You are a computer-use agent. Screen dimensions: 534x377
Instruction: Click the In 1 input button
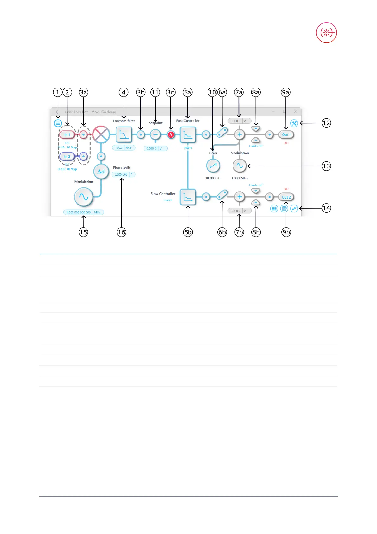click(x=67, y=135)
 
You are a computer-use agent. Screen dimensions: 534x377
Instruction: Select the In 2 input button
click(x=67, y=157)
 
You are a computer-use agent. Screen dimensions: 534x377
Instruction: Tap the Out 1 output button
click(x=286, y=135)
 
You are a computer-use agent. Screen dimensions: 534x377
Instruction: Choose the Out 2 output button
click(x=286, y=197)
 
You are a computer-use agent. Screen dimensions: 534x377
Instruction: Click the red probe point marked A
click(x=171, y=135)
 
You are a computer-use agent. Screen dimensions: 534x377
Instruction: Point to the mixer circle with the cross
click(x=101, y=134)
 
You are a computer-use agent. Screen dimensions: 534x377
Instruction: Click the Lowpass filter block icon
click(x=124, y=135)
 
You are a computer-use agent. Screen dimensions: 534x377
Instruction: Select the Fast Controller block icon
click(x=188, y=135)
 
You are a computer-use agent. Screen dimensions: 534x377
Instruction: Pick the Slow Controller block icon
click(x=188, y=197)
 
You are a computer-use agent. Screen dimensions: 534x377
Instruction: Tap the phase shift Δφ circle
click(x=101, y=172)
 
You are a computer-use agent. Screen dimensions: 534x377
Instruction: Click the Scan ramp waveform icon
click(x=213, y=166)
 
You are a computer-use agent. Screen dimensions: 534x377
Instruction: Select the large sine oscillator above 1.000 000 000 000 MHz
click(x=84, y=197)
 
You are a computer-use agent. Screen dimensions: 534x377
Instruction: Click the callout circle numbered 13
click(x=326, y=166)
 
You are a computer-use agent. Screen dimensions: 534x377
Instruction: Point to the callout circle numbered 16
click(x=122, y=232)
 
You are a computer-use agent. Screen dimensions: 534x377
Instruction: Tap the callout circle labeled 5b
click(x=188, y=232)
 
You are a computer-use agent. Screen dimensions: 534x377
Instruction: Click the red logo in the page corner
click(x=326, y=33)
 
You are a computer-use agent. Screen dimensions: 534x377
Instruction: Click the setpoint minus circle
click(x=155, y=135)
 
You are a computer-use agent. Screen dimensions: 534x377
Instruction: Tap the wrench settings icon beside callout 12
click(x=294, y=123)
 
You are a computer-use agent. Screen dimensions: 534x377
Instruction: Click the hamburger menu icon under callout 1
click(x=58, y=123)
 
